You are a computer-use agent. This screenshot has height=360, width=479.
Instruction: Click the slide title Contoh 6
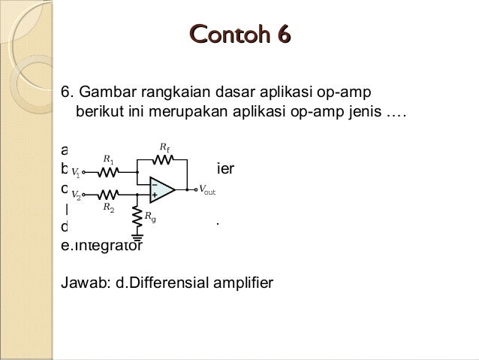click(239, 35)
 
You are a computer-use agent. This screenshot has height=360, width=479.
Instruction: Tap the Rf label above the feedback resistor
click(165, 147)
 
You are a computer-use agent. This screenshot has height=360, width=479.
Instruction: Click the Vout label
click(206, 189)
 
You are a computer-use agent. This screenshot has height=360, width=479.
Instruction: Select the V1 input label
click(76, 171)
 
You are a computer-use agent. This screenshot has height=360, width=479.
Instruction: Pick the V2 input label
click(76, 196)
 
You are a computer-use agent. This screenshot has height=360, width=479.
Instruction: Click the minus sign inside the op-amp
click(154, 182)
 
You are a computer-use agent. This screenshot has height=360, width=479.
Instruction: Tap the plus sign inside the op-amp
click(154, 194)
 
